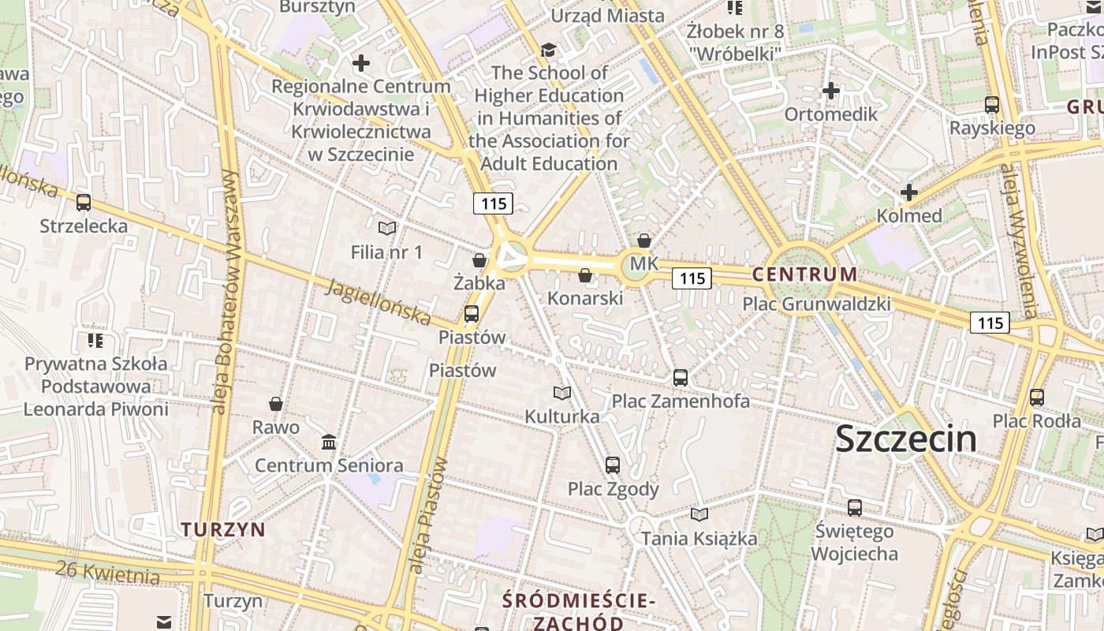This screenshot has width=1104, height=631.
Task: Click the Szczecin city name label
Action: [905, 439]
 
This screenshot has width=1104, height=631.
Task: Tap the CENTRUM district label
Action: [804, 274]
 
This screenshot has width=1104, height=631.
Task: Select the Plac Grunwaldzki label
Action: [817, 304]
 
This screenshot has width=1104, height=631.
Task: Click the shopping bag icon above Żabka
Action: [479, 260]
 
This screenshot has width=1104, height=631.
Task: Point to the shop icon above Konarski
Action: [585, 275]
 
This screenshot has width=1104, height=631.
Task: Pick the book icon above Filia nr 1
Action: [386, 229]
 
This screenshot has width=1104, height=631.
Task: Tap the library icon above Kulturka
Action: [562, 393]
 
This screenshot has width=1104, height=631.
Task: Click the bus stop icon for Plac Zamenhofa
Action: [681, 378]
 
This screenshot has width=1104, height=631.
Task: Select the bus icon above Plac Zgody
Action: [613, 465]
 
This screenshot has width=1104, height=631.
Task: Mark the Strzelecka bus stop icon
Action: [84, 203]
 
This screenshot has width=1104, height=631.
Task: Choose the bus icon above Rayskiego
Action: [992, 105]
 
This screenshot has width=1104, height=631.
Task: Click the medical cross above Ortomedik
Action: [830, 91]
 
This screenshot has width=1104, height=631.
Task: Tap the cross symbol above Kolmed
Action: [909, 192]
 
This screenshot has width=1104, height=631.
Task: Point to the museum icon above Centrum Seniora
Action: [329, 442]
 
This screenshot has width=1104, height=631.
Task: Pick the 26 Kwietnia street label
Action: [108, 572]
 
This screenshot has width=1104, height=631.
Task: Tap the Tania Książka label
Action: [699, 539]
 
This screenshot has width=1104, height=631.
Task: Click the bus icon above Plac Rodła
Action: [1037, 398]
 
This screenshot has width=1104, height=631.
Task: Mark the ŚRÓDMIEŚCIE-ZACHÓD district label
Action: [580, 612]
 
